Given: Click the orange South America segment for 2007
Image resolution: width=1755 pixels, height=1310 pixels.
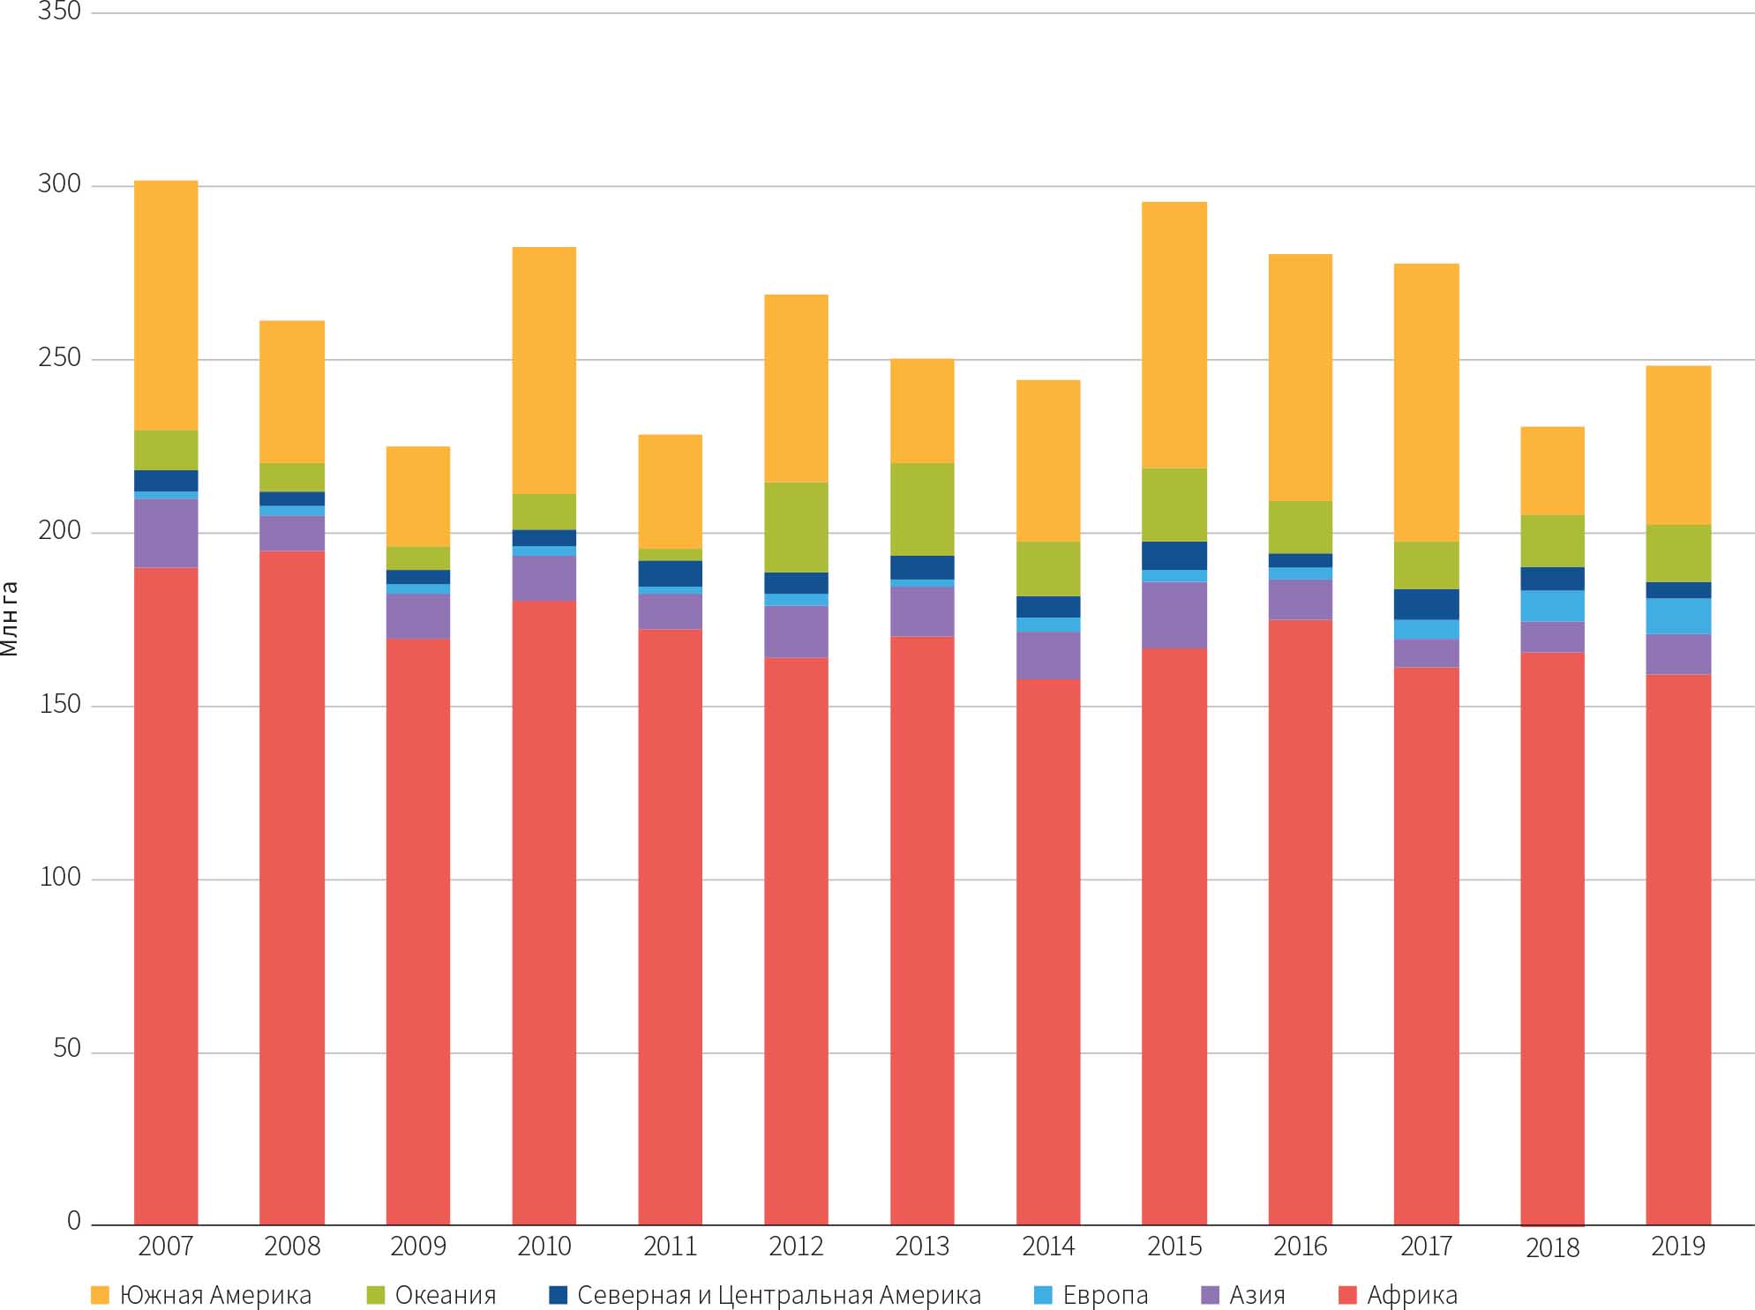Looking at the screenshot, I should (x=166, y=305).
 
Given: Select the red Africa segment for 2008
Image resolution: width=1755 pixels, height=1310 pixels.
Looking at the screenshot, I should (x=292, y=887).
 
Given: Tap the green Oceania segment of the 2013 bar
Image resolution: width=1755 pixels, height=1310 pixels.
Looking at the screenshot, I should (x=922, y=509).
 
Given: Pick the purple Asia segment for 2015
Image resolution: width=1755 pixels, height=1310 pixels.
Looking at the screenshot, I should (x=1174, y=615).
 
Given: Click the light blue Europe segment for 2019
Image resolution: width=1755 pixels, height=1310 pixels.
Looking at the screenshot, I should (x=1678, y=616).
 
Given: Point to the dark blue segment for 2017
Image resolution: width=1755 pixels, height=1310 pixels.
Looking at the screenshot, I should (x=1426, y=603).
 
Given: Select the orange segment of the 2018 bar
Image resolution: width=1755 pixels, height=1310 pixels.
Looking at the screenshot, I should (x=1552, y=470).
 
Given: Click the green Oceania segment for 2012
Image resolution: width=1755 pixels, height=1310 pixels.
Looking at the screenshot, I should (x=796, y=527).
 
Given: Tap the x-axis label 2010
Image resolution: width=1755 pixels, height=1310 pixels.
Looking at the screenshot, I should (x=544, y=1246).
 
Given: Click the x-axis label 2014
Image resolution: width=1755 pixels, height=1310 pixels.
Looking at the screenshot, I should (x=1048, y=1246).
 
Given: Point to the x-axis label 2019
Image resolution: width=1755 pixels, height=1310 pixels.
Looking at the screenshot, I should (x=1678, y=1246).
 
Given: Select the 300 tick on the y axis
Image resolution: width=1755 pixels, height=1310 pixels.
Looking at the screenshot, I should (x=59, y=183).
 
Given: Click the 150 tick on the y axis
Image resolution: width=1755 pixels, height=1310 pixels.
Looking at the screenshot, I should (x=59, y=704).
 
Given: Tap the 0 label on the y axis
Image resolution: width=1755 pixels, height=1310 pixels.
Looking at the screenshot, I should (x=74, y=1221).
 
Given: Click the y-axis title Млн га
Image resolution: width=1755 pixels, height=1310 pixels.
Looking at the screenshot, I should (x=10, y=618).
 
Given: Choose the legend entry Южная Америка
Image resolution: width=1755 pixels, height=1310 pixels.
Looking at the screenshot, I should (x=215, y=1295).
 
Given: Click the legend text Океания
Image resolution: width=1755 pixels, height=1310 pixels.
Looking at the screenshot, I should (x=446, y=1295).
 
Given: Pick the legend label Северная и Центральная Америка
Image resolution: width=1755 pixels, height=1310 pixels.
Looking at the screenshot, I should (x=778, y=1295).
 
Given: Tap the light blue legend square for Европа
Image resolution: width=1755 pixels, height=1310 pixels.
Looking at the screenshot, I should (x=1043, y=1295).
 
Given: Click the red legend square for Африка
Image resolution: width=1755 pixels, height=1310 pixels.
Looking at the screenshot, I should (x=1347, y=1295).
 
